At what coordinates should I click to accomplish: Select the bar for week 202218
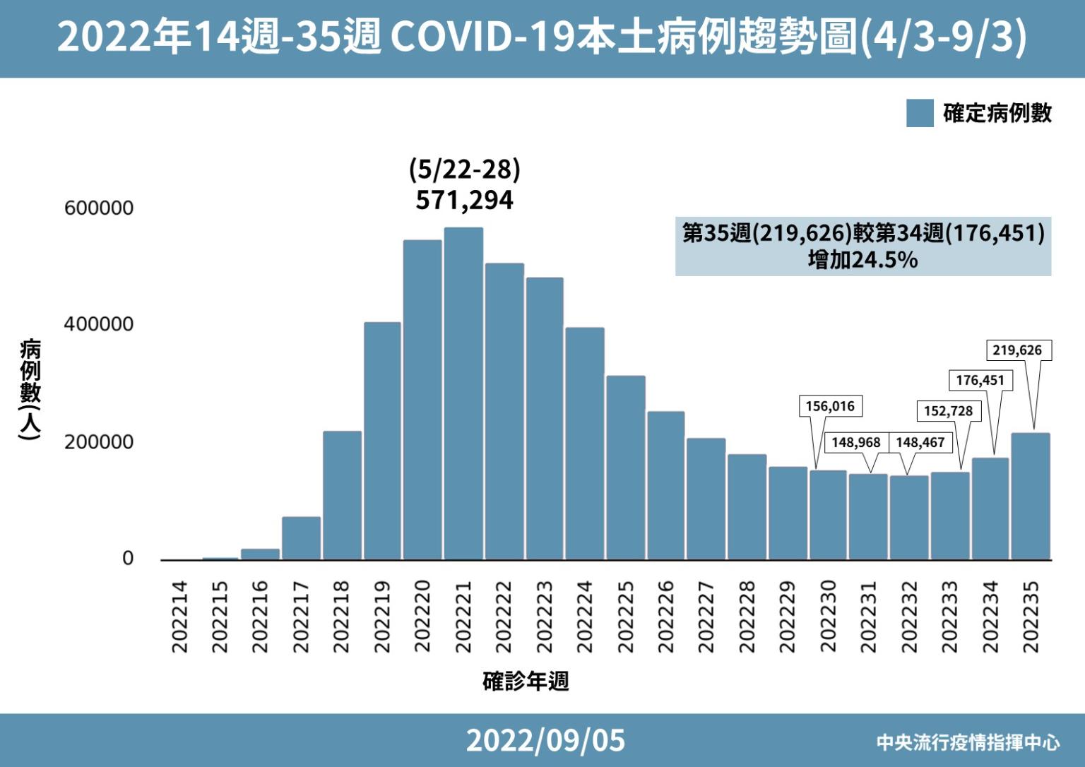(x=342, y=494)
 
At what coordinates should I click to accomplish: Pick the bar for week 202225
(x=625, y=467)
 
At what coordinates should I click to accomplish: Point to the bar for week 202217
(x=301, y=537)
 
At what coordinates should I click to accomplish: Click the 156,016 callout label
(x=830, y=406)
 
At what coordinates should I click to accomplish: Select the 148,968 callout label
(x=855, y=442)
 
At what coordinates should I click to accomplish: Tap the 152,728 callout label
(x=948, y=411)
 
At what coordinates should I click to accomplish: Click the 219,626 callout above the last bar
(x=1016, y=350)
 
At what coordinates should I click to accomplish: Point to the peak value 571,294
(x=464, y=201)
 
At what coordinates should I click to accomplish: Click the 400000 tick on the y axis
(x=98, y=324)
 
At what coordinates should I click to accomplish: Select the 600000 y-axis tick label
(x=98, y=208)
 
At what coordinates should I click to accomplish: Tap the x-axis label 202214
(x=180, y=617)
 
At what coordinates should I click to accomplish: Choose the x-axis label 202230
(x=828, y=617)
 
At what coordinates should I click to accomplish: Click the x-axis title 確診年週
(x=526, y=682)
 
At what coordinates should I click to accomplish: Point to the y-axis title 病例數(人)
(x=30, y=390)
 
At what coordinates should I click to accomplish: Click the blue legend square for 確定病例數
(x=920, y=113)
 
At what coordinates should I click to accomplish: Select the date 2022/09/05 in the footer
(x=545, y=740)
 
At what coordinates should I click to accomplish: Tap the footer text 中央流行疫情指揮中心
(x=968, y=742)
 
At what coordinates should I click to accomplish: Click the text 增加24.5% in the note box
(x=862, y=261)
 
